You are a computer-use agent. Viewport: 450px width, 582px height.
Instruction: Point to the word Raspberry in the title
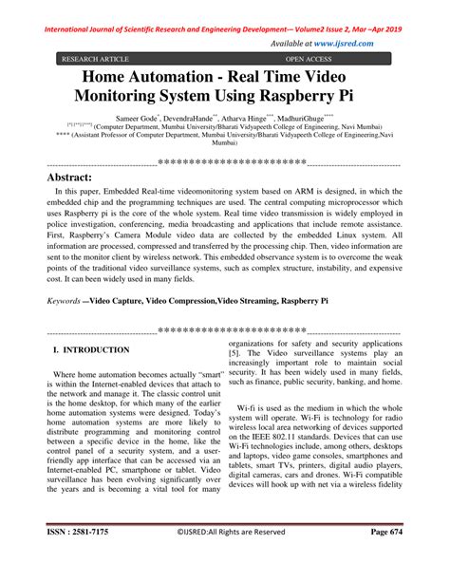click(x=302, y=97)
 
